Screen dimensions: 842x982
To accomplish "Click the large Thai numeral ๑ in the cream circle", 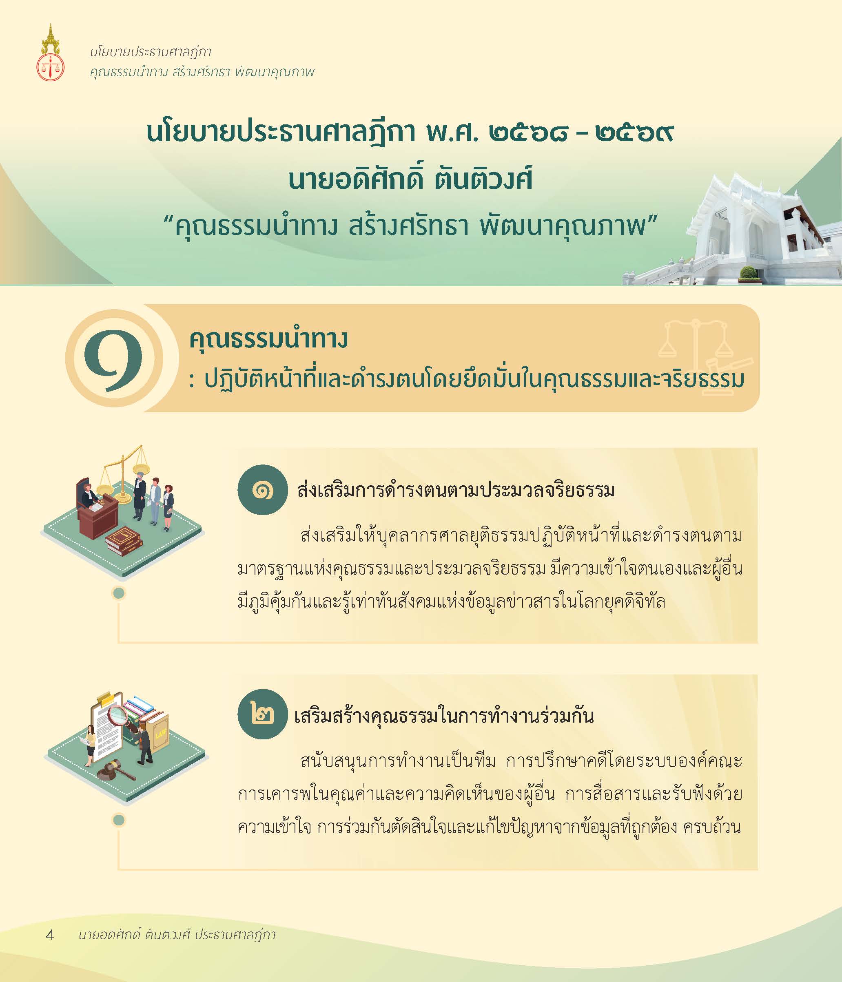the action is coord(113,360).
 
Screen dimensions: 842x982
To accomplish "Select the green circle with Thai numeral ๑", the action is coord(262,490).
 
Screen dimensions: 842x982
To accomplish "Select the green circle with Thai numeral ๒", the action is coord(262,714).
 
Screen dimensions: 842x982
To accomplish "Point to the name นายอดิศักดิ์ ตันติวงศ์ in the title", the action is coord(410,180).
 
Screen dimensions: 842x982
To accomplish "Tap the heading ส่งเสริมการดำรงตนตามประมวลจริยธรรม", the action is coord(456,490).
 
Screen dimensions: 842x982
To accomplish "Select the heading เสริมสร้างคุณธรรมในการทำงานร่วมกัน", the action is coord(444,715).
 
